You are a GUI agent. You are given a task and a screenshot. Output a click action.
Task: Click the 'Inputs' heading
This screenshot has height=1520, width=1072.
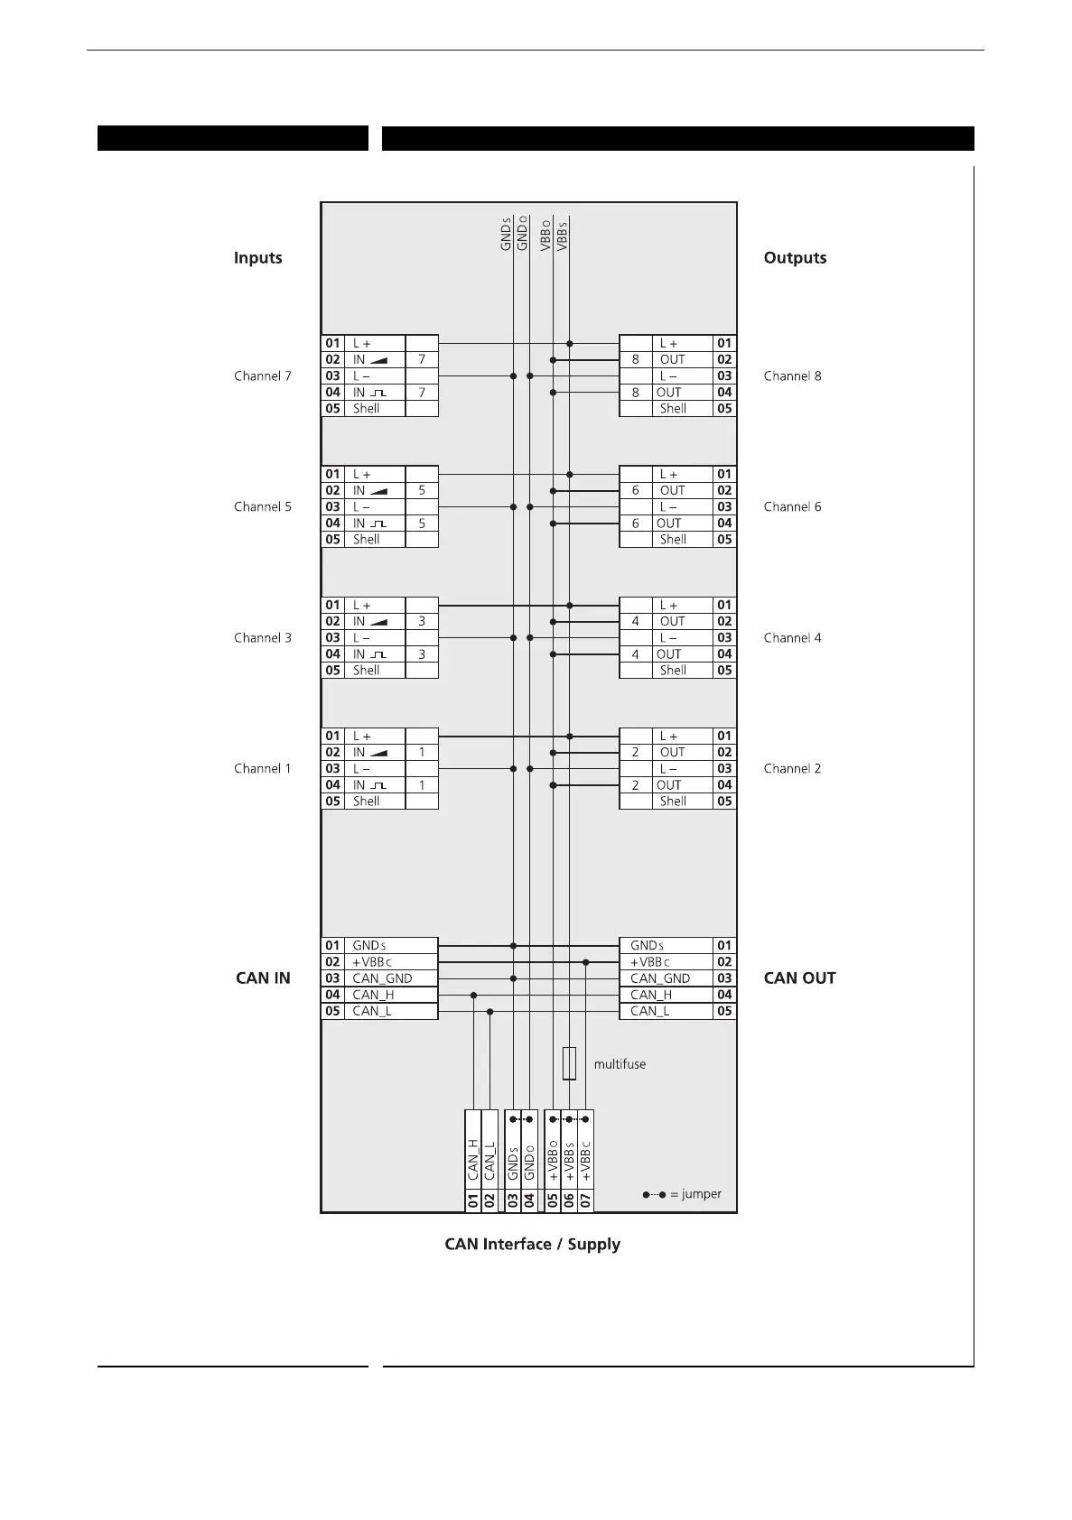click(x=257, y=258)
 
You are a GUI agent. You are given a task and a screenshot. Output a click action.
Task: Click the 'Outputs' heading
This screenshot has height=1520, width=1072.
click(x=795, y=258)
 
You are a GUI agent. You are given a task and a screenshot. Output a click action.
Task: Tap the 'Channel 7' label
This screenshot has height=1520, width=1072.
click(x=263, y=376)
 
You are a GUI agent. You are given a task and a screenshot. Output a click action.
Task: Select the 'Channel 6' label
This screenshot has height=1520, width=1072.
click(x=792, y=507)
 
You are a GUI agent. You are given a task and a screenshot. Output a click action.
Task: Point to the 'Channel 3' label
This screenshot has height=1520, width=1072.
click(x=263, y=638)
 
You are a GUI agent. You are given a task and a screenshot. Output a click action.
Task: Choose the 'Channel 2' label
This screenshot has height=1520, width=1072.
click(x=792, y=769)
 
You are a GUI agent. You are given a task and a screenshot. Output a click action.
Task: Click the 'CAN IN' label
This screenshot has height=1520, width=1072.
click(x=263, y=978)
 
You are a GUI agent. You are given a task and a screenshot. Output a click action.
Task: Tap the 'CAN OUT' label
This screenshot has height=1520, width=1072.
click(x=799, y=978)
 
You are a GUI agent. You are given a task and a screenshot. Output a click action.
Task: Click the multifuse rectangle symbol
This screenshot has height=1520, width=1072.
click(x=569, y=1064)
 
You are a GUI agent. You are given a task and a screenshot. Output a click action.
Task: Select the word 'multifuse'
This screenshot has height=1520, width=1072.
click(x=620, y=1065)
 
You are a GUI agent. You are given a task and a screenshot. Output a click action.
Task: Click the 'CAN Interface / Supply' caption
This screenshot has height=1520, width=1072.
click(x=532, y=1245)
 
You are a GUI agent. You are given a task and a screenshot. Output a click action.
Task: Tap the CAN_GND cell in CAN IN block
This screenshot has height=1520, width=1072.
click(x=382, y=978)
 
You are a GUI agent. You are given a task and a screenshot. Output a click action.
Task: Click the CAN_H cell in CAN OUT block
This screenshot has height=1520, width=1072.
click(x=651, y=995)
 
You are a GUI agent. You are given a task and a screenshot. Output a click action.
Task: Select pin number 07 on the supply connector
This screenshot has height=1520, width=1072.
click(x=585, y=1201)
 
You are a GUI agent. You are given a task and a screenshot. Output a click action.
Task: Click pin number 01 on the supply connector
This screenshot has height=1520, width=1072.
click(x=472, y=1201)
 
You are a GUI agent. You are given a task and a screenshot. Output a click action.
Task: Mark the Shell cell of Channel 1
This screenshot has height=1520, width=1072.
click(x=366, y=802)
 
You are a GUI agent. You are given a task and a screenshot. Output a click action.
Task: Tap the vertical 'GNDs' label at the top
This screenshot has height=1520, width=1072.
click(x=507, y=233)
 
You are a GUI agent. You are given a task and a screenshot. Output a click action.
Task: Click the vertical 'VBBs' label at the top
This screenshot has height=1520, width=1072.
click(x=562, y=235)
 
